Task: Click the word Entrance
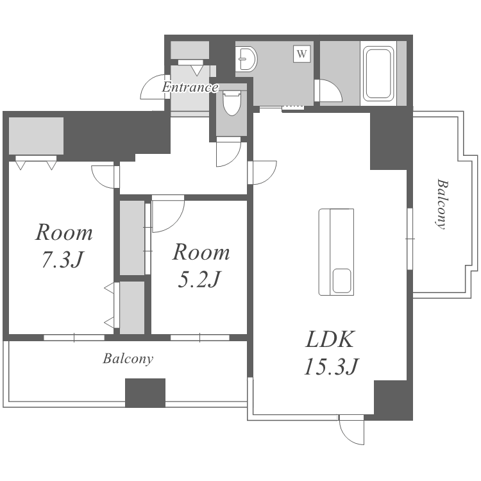pos(190,87)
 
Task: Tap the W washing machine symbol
pos(302,54)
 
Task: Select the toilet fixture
pos(232,103)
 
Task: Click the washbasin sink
pos(246,58)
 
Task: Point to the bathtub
pos(378,74)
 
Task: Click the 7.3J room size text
pos(62,260)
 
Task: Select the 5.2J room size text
pos(199,280)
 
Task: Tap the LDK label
pos(330,339)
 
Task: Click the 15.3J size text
pos(331,366)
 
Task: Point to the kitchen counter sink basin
pos(342,281)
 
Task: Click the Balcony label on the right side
pos(442,204)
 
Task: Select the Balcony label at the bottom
pos(128,359)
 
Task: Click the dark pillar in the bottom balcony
pos(145,393)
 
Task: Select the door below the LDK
pos(351,430)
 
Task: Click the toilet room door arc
pos(228,152)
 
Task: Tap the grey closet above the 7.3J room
pos(36,136)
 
